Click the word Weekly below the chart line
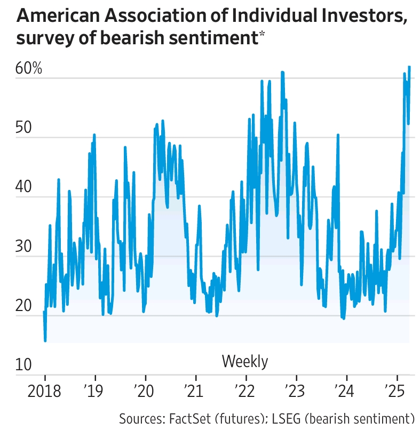[245, 362]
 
